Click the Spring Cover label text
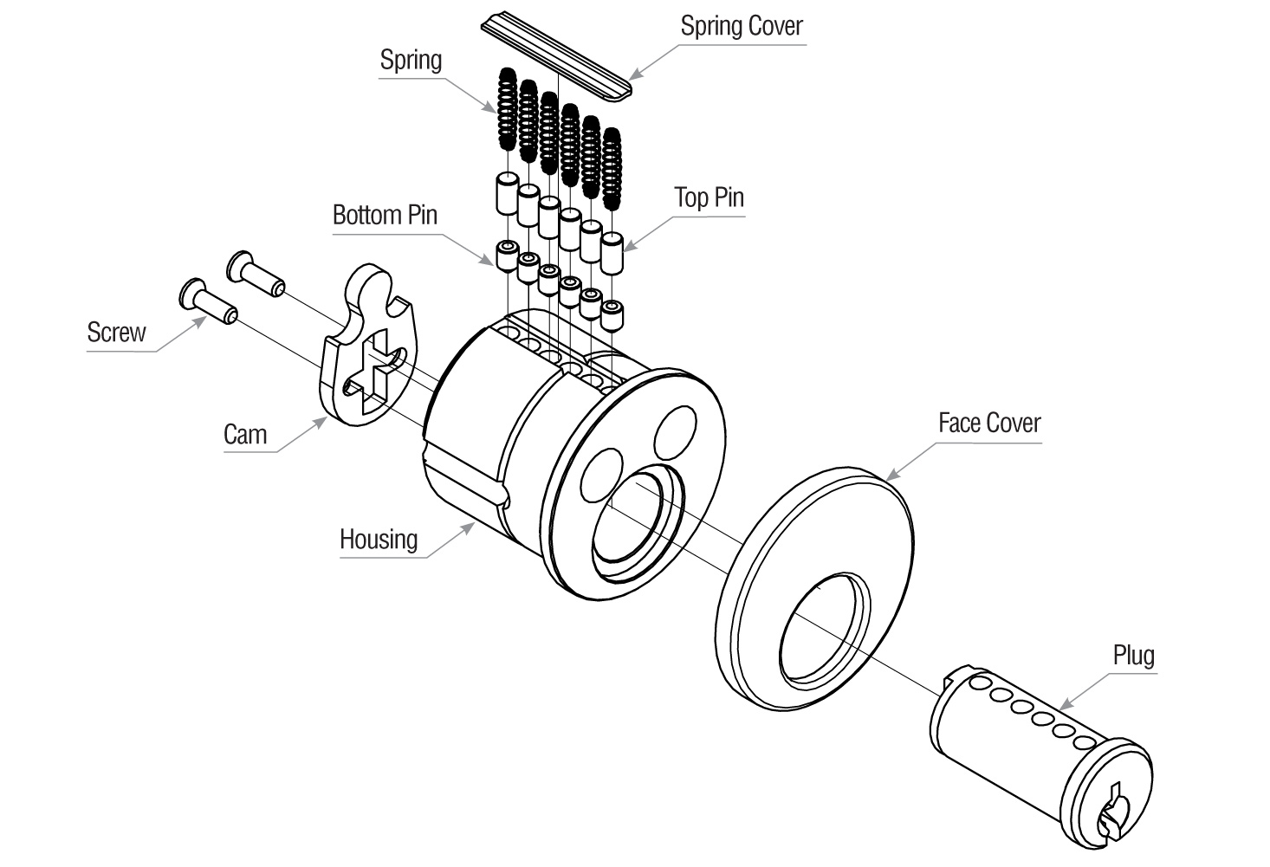pos(741,26)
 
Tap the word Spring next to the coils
pos(411,61)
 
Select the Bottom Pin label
pos(385,215)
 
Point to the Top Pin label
pos(709,197)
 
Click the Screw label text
pos(116,333)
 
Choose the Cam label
pos(244,434)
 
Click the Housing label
pos(378,540)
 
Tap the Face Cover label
pos(988,423)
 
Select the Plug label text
pos(1133,656)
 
